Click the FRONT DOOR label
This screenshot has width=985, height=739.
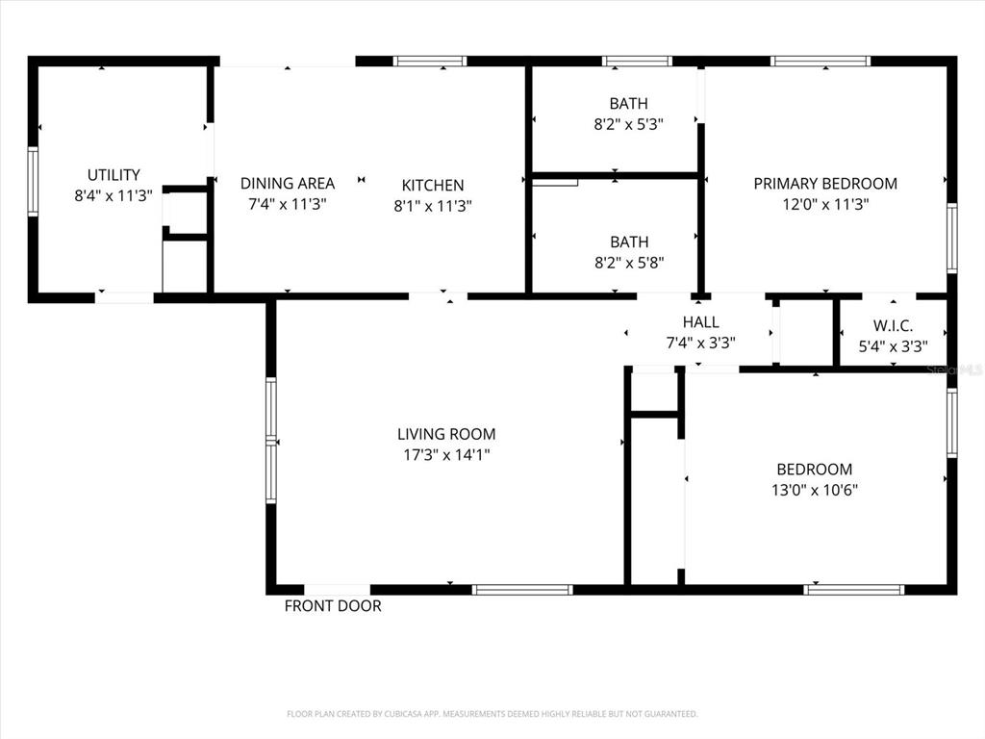(333, 606)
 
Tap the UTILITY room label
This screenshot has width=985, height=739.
(114, 175)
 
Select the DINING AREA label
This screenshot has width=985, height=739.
(288, 184)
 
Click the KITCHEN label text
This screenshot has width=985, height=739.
(433, 186)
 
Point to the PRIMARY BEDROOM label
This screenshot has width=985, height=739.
(825, 184)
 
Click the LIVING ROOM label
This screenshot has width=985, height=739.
(446, 434)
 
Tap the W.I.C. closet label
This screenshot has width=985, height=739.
(893, 326)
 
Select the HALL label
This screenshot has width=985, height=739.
(701, 322)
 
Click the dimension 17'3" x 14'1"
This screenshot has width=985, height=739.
(446, 455)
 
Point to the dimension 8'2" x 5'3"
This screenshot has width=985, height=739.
(629, 124)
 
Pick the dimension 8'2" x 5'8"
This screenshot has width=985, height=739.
(629, 263)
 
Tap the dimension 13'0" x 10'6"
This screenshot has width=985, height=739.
(815, 490)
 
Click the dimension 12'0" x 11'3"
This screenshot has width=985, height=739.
(825, 204)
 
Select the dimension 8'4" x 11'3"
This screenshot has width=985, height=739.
(114, 195)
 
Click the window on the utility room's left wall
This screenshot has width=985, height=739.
(33, 182)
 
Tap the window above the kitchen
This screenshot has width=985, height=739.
(430, 61)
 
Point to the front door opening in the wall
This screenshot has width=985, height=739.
(338, 590)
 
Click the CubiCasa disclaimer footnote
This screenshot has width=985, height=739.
(492, 714)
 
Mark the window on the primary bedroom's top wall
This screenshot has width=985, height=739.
(821, 61)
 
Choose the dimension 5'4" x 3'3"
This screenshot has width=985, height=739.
(894, 346)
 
